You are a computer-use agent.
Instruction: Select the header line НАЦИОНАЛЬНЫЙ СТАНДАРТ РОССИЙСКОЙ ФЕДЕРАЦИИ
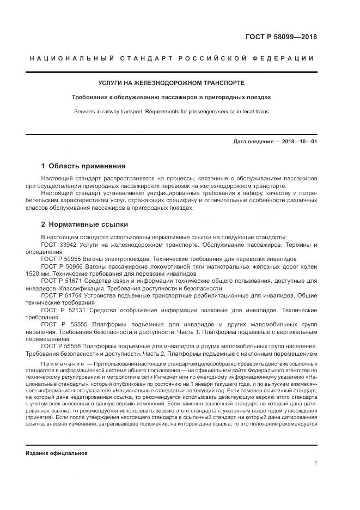pyautogui.click(x=172, y=58)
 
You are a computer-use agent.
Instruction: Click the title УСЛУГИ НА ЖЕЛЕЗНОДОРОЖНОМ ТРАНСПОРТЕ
pyautogui.click(x=171, y=83)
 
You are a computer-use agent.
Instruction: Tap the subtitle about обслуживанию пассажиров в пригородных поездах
pyautogui.click(x=171, y=98)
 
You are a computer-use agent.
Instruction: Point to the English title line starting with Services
pyautogui.click(x=171, y=112)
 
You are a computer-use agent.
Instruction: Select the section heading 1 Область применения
pyautogui.click(x=83, y=166)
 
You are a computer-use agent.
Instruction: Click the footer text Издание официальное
pyautogui.click(x=56, y=453)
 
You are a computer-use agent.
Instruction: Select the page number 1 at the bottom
pyautogui.click(x=316, y=463)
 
